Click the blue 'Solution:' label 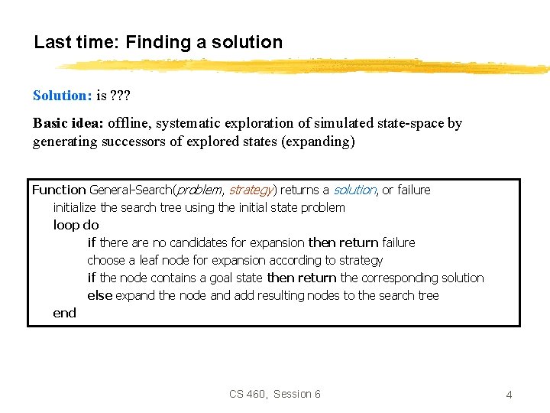tap(62, 96)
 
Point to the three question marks tap(121, 96)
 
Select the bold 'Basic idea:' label tap(68, 123)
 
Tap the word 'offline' tap(128, 123)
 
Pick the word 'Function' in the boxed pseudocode tap(59, 190)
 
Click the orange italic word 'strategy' tap(249, 190)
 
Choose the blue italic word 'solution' tap(354, 190)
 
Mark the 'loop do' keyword tap(76, 225)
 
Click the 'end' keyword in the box tap(64, 313)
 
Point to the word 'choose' tap(106, 260)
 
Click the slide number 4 tap(509, 395)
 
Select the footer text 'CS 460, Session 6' tap(275, 394)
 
